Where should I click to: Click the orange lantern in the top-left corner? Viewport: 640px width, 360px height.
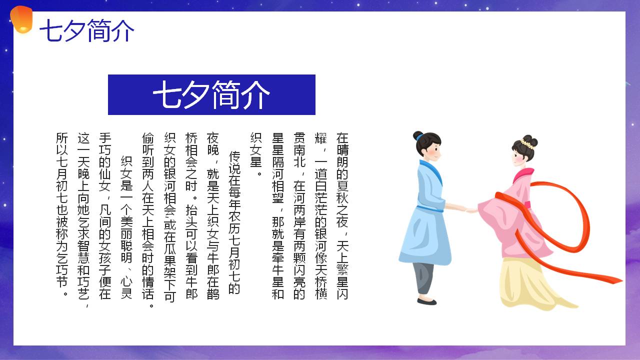[21, 19]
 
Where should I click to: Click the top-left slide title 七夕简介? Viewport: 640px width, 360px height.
[87, 30]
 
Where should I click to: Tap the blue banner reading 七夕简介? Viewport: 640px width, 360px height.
[211, 94]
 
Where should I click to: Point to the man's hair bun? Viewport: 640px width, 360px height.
[418, 135]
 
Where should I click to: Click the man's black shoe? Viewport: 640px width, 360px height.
[427, 301]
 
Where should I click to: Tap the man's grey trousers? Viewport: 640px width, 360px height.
[423, 278]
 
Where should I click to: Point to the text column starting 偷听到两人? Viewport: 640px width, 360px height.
[148, 220]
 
